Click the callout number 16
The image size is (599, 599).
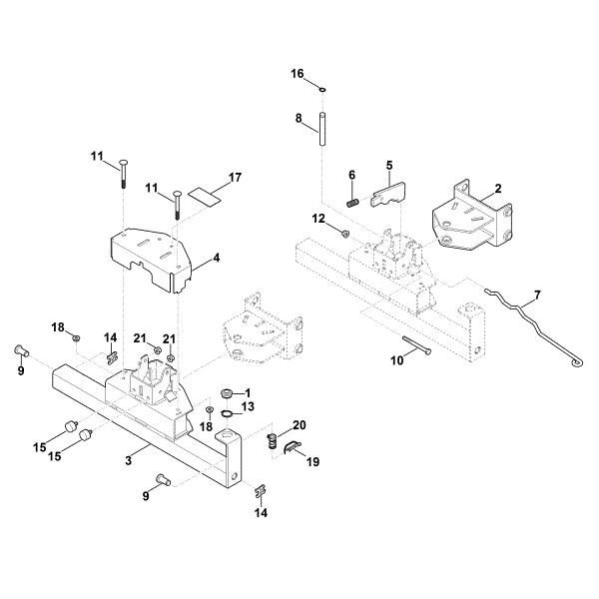pyautogui.click(x=297, y=75)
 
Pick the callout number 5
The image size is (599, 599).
pyautogui.click(x=389, y=164)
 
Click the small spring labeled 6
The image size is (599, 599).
pyautogui.click(x=352, y=202)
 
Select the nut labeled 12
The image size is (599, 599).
pyautogui.click(x=343, y=234)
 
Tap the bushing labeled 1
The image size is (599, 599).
pyautogui.click(x=226, y=391)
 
